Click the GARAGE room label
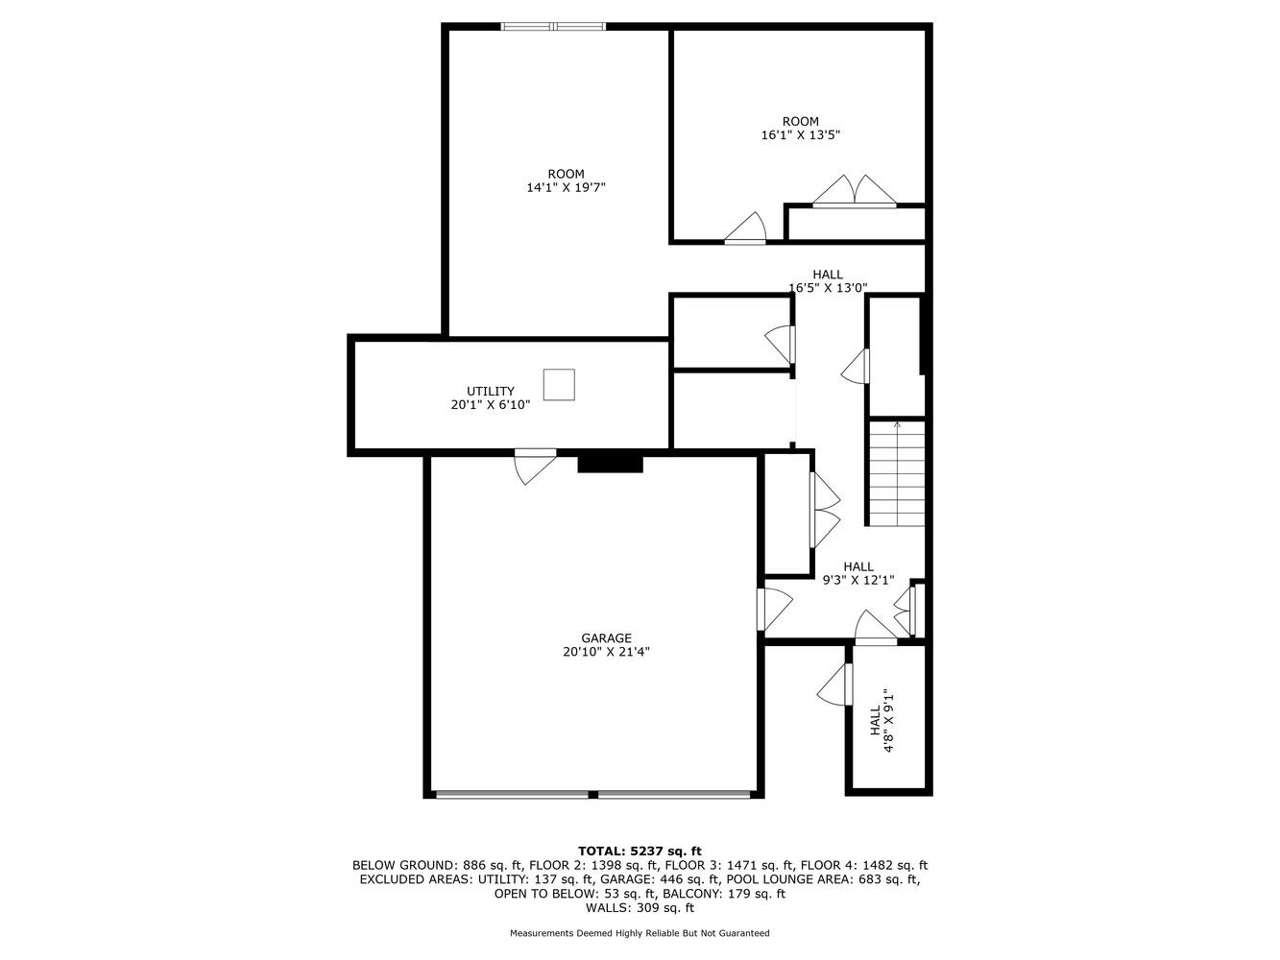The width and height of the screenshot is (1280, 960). point(606,638)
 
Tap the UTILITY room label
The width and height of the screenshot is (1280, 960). point(491,392)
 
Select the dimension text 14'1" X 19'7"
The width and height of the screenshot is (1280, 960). point(566,188)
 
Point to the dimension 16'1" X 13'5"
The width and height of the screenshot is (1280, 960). point(801,135)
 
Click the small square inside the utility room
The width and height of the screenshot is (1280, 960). point(559,384)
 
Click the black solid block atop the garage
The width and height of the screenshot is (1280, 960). point(610,464)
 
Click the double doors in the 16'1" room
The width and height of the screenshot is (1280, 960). point(854,192)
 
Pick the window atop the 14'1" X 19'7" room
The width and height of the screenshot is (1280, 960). point(553,27)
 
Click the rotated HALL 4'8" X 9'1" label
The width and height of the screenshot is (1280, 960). point(882,722)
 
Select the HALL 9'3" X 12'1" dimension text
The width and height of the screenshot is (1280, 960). point(858,580)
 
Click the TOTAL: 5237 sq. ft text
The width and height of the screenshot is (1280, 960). point(640,851)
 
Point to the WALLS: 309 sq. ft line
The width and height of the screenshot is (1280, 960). point(640,908)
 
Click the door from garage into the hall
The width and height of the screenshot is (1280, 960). point(772,610)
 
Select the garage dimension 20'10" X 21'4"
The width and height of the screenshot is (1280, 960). point(606,652)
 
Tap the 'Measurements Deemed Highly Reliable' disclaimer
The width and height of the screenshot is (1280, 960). point(640,933)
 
